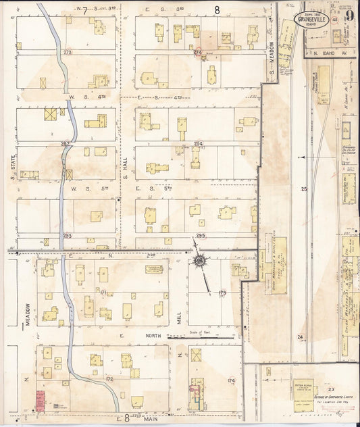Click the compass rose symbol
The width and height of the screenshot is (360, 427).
[x=200, y=261]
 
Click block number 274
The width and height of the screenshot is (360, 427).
[x=198, y=52]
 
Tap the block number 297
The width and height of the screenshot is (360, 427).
[x=66, y=144]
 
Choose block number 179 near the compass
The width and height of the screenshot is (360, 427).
[x=223, y=293]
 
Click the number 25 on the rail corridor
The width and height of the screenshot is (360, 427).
[x=304, y=189]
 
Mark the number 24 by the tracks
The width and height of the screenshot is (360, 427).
[x=300, y=336]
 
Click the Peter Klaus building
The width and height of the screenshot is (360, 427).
[x=302, y=386]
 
